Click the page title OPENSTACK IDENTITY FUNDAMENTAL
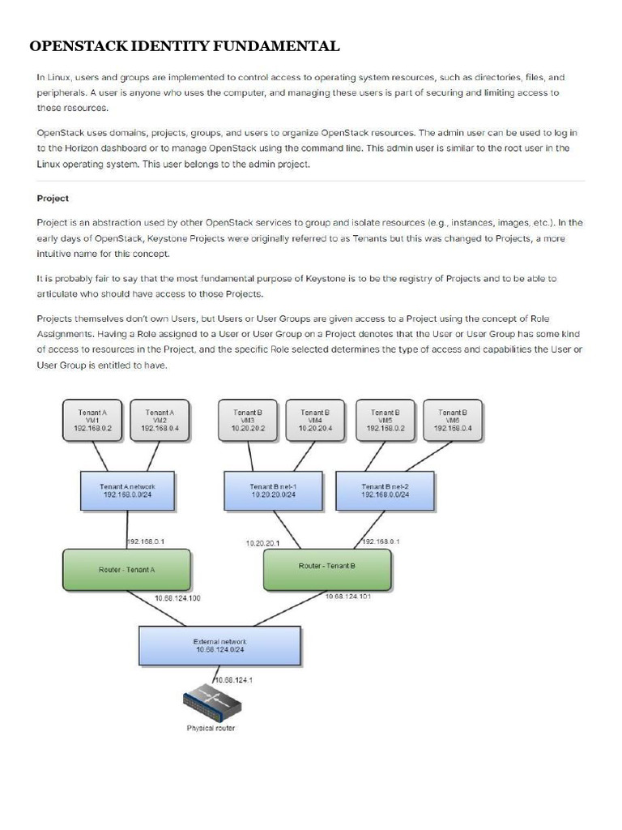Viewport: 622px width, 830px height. point(185,46)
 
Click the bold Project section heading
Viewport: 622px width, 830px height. point(53,198)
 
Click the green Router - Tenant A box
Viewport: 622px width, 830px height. point(126,569)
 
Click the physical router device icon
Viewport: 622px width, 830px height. point(211,702)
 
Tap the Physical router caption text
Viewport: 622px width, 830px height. point(211,728)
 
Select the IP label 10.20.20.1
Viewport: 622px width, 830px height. point(262,543)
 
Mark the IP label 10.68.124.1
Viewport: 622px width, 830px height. point(235,680)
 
